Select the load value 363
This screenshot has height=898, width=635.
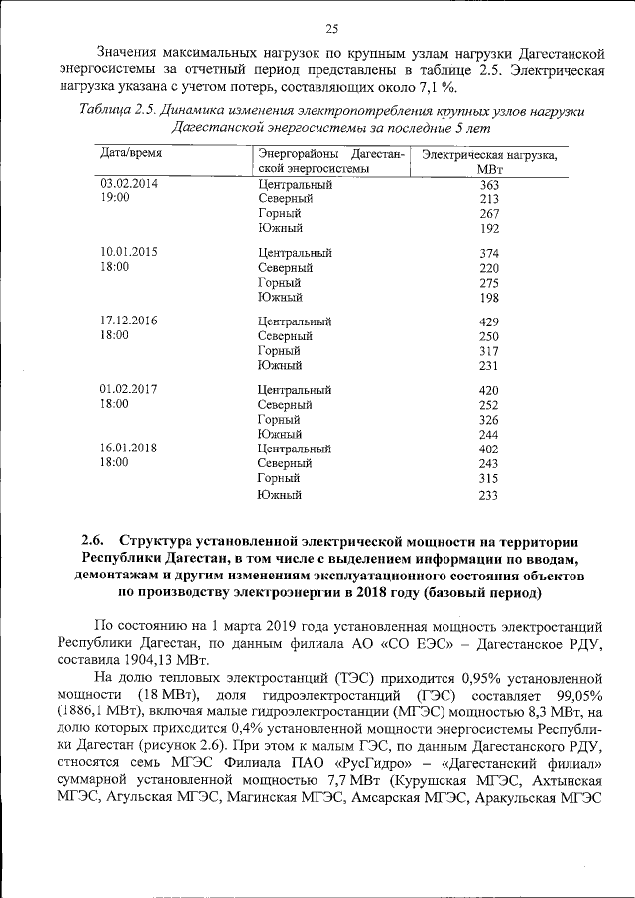pyautogui.click(x=488, y=185)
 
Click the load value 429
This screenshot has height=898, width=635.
pyautogui.click(x=488, y=321)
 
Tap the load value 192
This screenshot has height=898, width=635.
pyautogui.click(x=488, y=229)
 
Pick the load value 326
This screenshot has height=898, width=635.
pyautogui.click(x=488, y=420)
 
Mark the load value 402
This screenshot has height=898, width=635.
pyautogui.click(x=488, y=449)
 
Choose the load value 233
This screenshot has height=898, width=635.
pyautogui.click(x=488, y=495)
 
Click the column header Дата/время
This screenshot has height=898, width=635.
pyautogui.click(x=132, y=154)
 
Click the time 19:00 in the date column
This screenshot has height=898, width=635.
pyautogui.click(x=115, y=198)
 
